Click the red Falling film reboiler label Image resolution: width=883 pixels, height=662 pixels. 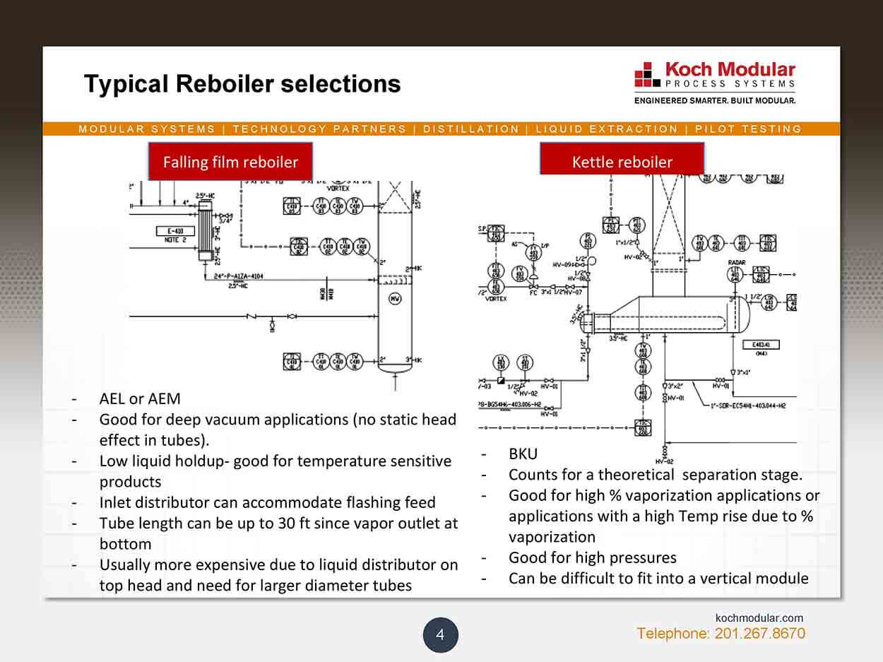coord(230,162)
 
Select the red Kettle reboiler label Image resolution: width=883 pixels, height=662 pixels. coord(622,162)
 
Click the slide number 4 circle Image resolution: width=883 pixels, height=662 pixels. coord(440,634)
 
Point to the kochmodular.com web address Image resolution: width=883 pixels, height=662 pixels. coord(759,618)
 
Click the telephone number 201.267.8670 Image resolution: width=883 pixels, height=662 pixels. coord(759,634)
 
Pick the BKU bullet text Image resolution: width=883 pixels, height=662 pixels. coord(523,454)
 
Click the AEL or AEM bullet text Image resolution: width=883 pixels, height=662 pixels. coord(140,398)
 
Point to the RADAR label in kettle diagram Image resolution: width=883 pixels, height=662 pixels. coord(737,262)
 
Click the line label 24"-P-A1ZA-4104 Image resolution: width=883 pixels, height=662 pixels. coord(238,277)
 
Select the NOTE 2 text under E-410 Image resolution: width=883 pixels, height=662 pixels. coord(169,240)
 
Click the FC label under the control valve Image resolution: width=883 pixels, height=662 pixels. coord(533,292)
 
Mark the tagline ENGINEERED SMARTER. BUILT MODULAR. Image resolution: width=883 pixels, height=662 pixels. coord(715,100)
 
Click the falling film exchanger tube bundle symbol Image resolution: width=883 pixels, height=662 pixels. coord(206,231)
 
